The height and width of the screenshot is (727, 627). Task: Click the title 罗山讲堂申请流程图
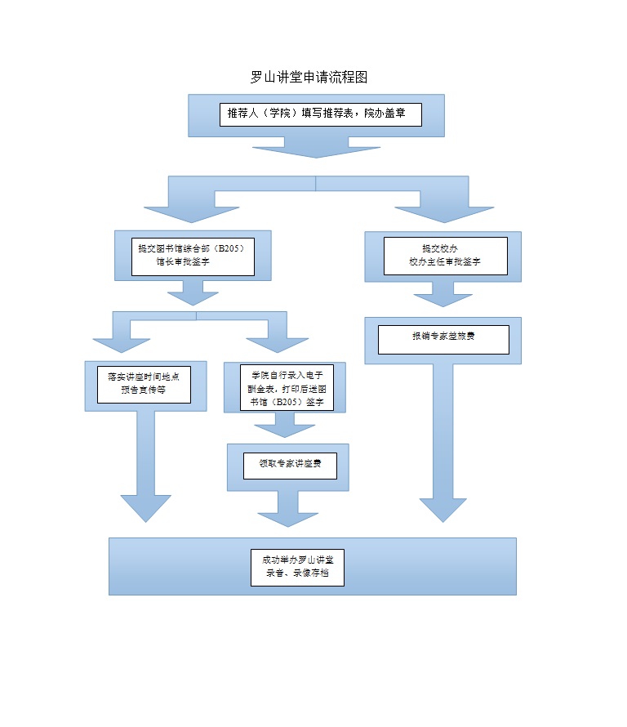(x=309, y=78)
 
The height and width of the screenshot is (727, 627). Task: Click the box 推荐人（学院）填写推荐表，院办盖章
(x=320, y=114)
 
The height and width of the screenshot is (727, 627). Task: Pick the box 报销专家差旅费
(x=443, y=340)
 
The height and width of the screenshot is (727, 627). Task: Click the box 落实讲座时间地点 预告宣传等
(x=145, y=384)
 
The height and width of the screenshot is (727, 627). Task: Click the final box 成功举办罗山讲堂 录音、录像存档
(x=297, y=566)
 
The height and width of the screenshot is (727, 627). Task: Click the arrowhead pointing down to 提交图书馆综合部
(x=192, y=214)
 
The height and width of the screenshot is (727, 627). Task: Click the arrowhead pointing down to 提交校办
(x=444, y=214)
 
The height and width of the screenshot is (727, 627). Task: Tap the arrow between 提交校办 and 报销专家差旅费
(x=443, y=296)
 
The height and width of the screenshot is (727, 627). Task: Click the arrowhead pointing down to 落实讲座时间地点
(x=123, y=343)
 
